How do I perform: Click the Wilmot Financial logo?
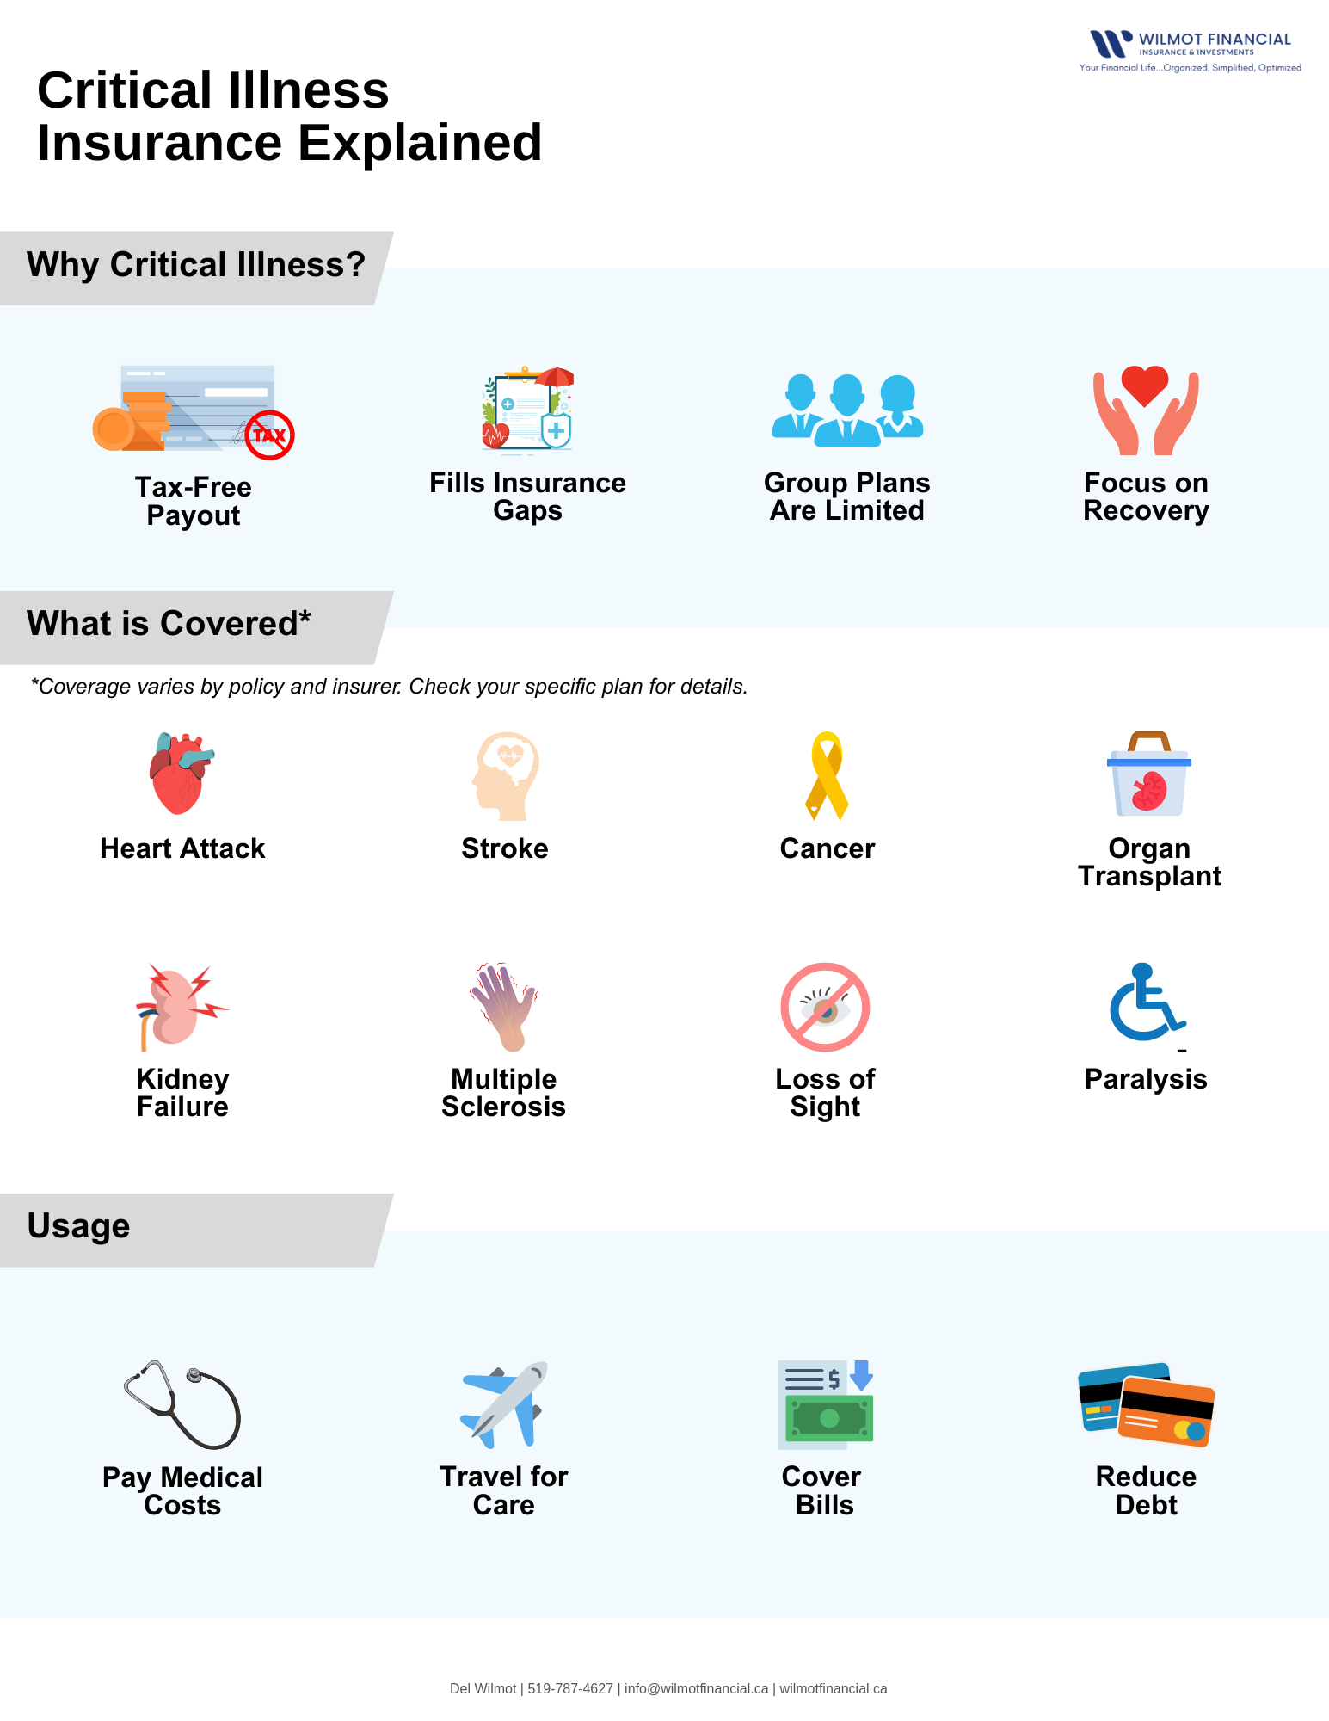click(x=1191, y=50)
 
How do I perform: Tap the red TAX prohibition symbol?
click(x=269, y=435)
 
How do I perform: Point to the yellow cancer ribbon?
click(x=827, y=775)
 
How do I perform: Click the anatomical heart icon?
click(x=180, y=774)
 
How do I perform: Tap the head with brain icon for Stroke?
click(x=506, y=775)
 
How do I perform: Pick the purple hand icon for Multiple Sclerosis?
click(x=505, y=1006)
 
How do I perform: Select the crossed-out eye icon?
click(x=825, y=1007)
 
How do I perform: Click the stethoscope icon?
click(x=182, y=1404)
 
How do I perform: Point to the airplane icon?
click(x=505, y=1404)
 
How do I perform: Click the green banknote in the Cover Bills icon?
click(x=829, y=1418)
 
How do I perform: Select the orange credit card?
click(x=1166, y=1411)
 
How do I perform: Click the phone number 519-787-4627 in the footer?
click(x=569, y=1688)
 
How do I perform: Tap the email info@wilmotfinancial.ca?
click(x=696, y=1688)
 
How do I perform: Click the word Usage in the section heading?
click(x=78, y=1225)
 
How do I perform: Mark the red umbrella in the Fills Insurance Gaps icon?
click(x=555, y=377)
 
